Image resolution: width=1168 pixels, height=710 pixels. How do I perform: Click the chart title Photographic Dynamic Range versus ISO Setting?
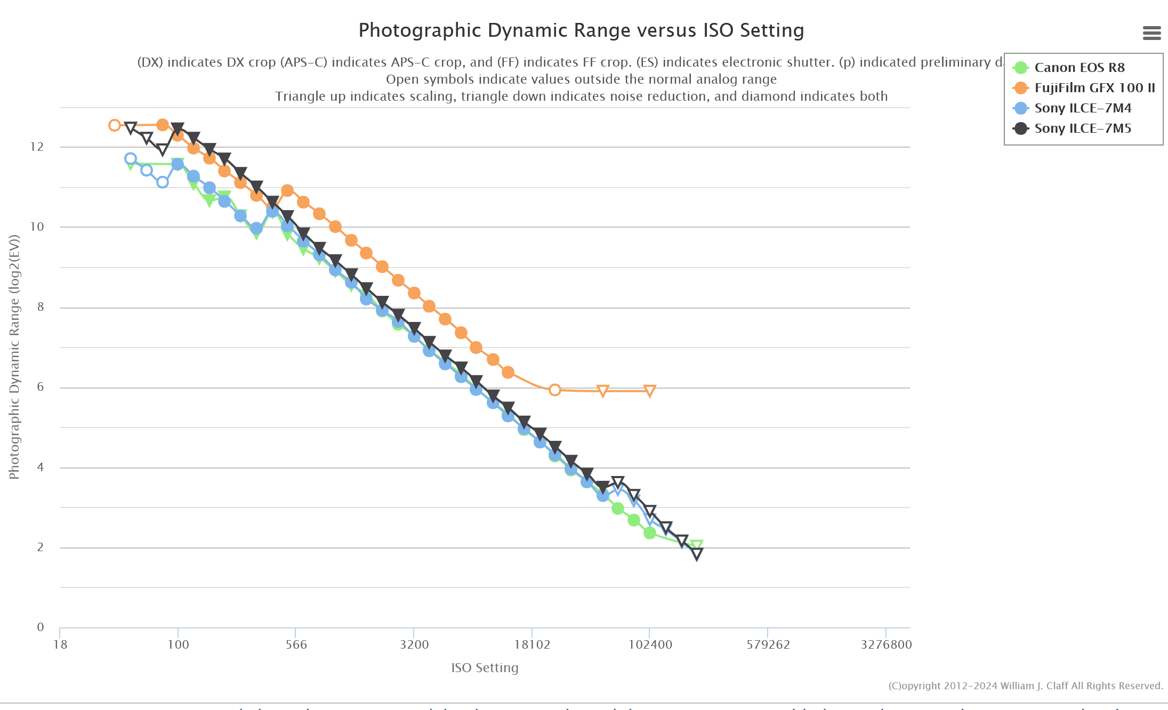581,31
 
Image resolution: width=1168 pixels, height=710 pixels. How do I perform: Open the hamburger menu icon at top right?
1151,33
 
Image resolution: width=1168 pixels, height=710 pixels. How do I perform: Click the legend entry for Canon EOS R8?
1079,68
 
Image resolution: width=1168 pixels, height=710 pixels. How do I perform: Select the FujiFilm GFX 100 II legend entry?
1094,88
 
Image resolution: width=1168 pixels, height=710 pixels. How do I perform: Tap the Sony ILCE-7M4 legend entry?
1082,108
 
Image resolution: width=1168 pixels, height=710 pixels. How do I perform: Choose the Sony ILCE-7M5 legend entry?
1082,128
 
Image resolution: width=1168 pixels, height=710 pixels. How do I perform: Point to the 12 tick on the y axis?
37,147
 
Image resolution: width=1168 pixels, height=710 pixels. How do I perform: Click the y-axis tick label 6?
41,387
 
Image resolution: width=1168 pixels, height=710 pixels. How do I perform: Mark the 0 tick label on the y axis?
41,627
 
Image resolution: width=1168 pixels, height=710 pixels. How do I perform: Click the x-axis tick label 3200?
414,644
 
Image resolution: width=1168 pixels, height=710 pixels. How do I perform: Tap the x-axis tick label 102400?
650,644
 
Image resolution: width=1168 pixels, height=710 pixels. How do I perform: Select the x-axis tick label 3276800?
886,644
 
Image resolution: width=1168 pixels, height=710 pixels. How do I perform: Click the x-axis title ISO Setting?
485,668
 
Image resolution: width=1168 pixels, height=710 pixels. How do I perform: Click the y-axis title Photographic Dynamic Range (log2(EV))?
14,357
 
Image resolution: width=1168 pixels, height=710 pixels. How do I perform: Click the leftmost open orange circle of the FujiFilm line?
114,125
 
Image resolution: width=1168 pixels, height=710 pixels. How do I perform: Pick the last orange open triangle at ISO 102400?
649,391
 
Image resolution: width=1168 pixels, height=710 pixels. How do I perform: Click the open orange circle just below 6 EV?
554,390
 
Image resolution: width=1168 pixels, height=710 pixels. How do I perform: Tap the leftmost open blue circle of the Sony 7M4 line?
130,158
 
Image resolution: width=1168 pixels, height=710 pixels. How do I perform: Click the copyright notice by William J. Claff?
1025,686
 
